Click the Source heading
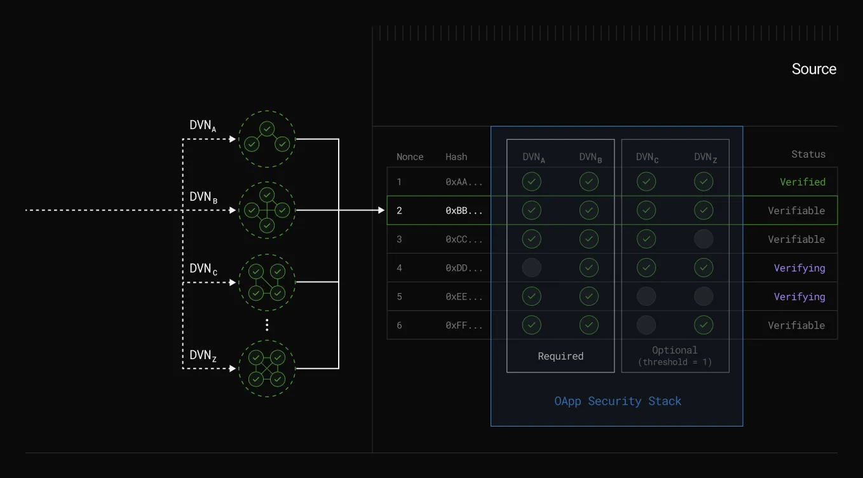813,69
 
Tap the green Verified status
803,182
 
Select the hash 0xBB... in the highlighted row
464,210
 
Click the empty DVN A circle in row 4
532,268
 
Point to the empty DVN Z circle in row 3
703,239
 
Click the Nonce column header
410,157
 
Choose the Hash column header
456,157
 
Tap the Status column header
808,154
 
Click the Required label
561,356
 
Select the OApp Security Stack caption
618,401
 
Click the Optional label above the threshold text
675,350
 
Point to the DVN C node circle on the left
267,283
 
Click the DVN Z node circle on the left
267,369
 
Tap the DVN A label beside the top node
203,126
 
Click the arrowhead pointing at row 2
381,210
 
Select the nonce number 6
399,325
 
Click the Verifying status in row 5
799,297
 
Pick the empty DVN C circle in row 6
646,325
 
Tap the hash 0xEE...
464,296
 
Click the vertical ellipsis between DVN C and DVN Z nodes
267,325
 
